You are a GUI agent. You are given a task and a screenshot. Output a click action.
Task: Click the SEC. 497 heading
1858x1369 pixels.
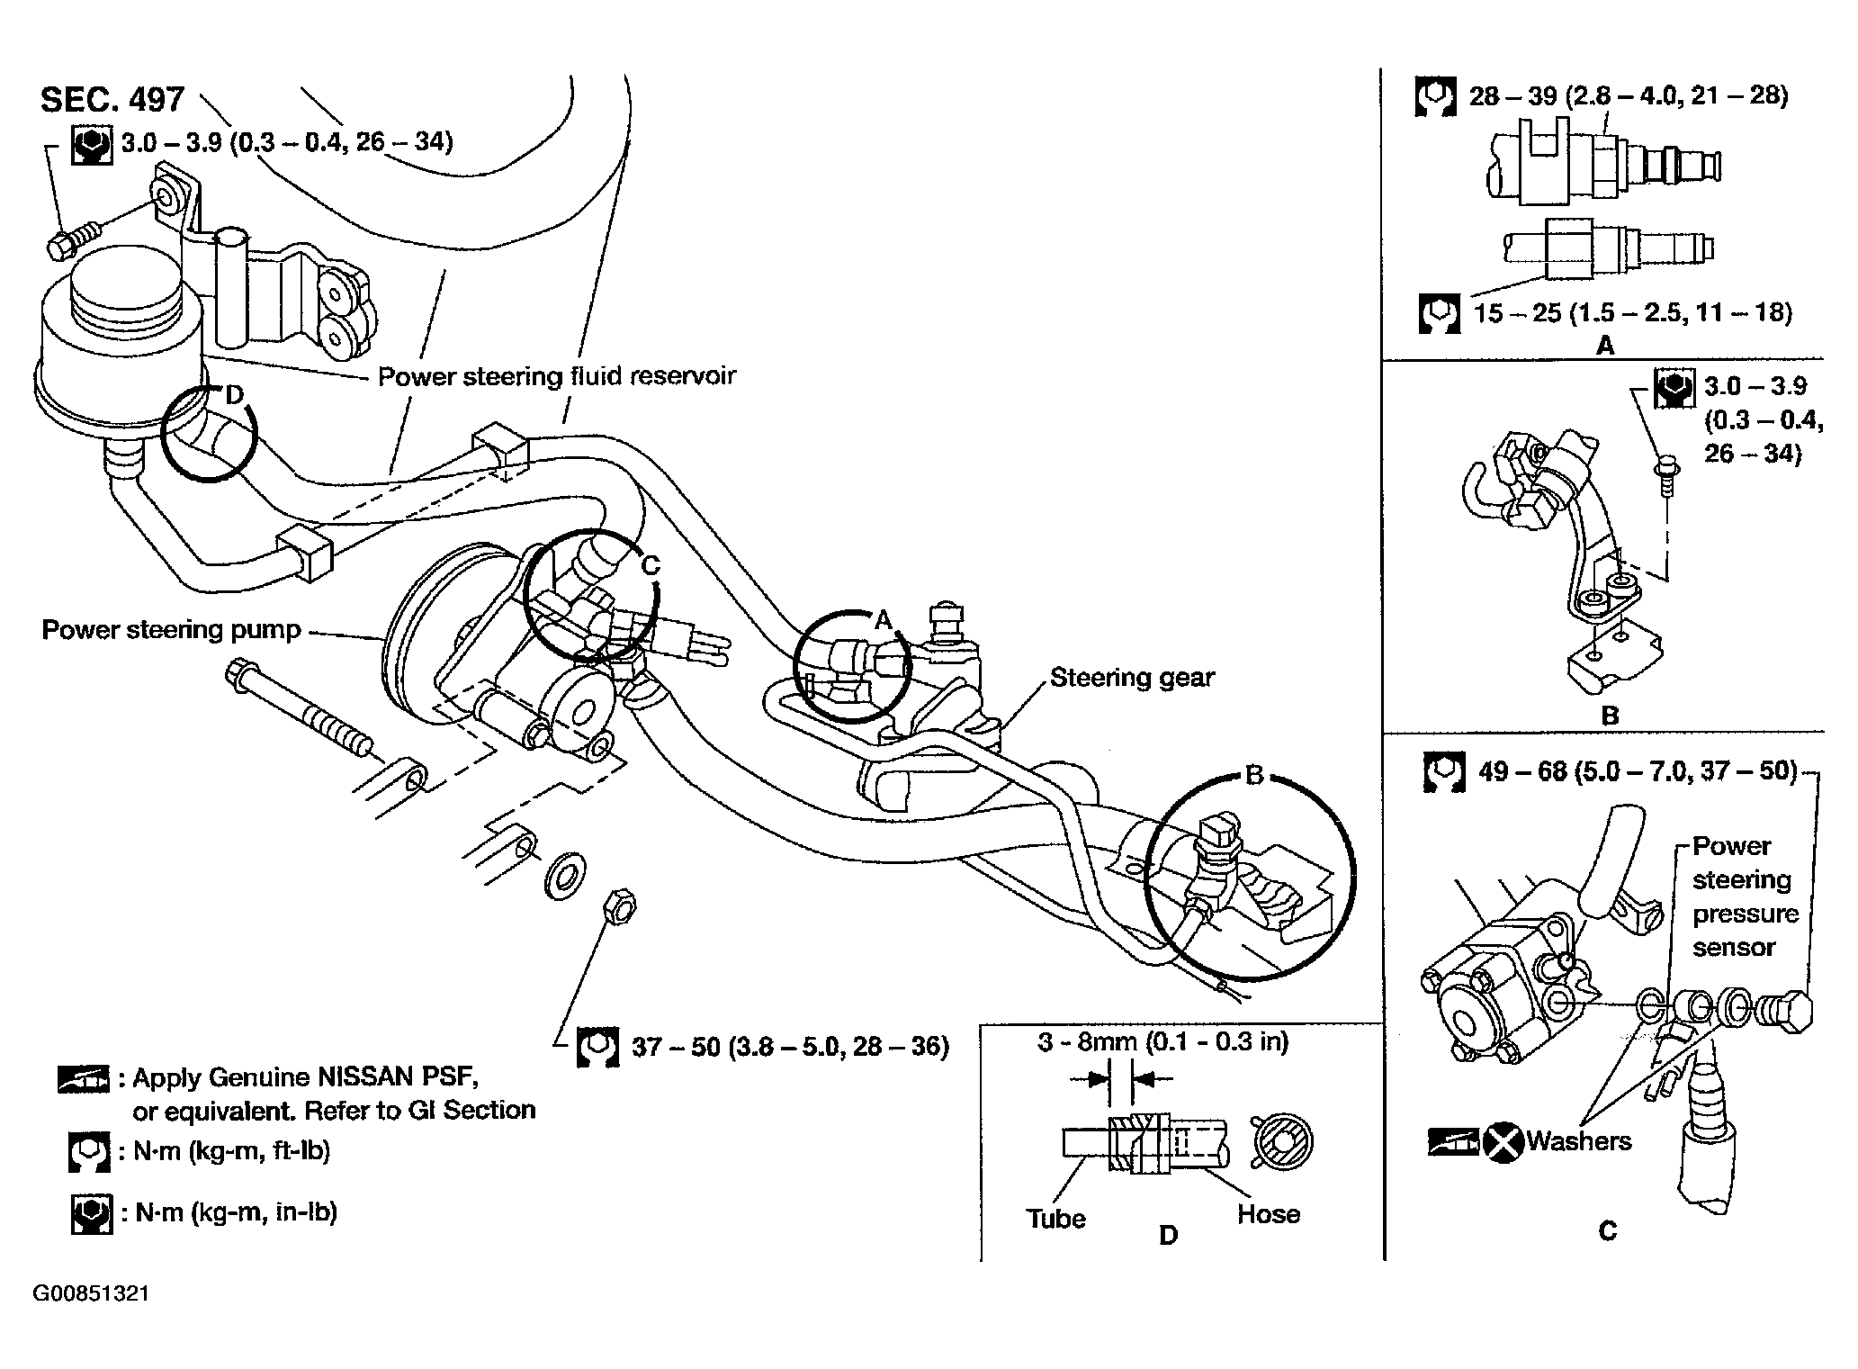112,100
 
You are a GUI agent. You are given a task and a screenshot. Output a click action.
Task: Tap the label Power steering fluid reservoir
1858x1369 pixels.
556,375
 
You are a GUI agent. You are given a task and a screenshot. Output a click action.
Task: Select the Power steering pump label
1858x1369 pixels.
171,629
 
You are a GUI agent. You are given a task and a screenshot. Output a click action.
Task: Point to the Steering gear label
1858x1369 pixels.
1132,677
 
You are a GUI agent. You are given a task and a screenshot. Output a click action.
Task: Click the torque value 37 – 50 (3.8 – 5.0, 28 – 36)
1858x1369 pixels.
790,1046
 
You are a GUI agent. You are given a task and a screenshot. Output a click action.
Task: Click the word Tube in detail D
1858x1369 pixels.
1055,1218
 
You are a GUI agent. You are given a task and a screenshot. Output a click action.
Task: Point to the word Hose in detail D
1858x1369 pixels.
1268,1213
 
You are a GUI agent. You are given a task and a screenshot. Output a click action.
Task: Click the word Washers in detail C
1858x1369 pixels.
1578,1140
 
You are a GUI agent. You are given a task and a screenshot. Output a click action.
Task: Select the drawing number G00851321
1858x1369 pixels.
92,1293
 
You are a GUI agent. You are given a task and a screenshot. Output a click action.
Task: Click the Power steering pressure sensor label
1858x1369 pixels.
1744,896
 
